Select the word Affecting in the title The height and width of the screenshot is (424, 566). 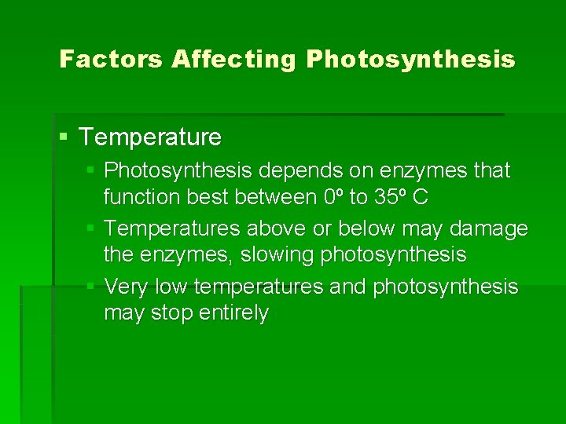[234, 59]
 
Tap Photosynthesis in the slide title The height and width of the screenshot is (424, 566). [410, 59]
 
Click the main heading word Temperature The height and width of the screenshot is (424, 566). [150, 137]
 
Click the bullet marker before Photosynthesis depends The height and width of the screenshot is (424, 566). [92, 170]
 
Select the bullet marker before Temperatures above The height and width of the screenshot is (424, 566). [92, 228]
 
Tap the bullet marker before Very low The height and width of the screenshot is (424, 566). [92, 287]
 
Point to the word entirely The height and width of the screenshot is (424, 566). [234, 313]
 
